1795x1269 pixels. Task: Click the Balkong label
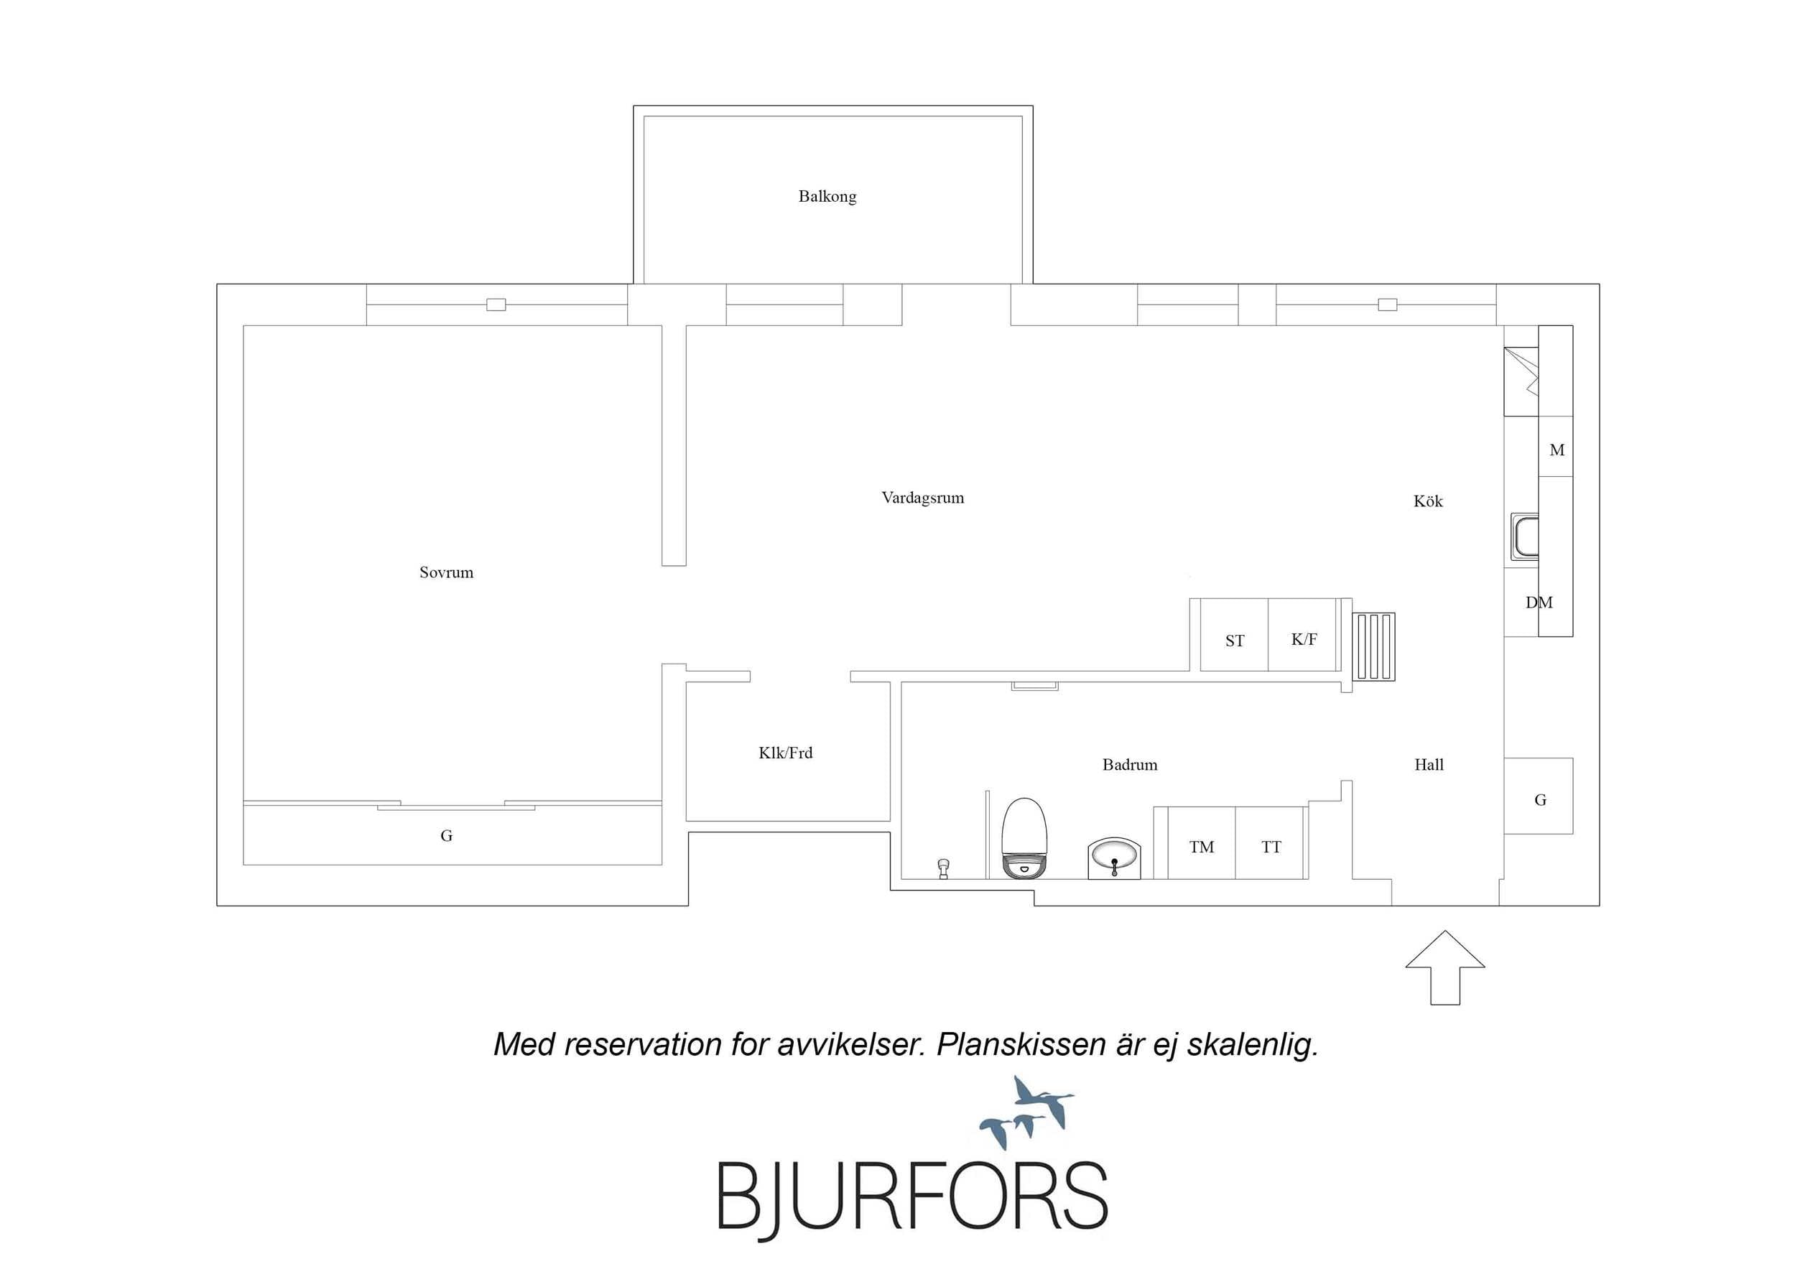827,196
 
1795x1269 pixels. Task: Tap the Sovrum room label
446,572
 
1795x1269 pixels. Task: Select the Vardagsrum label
922,498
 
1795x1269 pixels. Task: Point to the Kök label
1427,501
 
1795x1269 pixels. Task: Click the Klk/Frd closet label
786,752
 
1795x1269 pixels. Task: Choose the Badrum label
1130,765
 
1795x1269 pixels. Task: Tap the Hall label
1429,765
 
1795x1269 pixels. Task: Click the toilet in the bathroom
1024,837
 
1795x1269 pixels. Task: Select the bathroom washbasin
1114,857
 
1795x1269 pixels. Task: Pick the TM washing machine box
1202,843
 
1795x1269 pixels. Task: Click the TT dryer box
1270,843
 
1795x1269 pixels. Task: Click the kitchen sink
1524,536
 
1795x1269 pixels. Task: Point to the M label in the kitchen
1557,450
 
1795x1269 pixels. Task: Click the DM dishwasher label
1539,603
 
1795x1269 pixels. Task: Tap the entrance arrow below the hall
1444,967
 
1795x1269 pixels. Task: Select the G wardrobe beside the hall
1539,796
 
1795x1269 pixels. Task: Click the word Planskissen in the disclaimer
1020,1046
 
